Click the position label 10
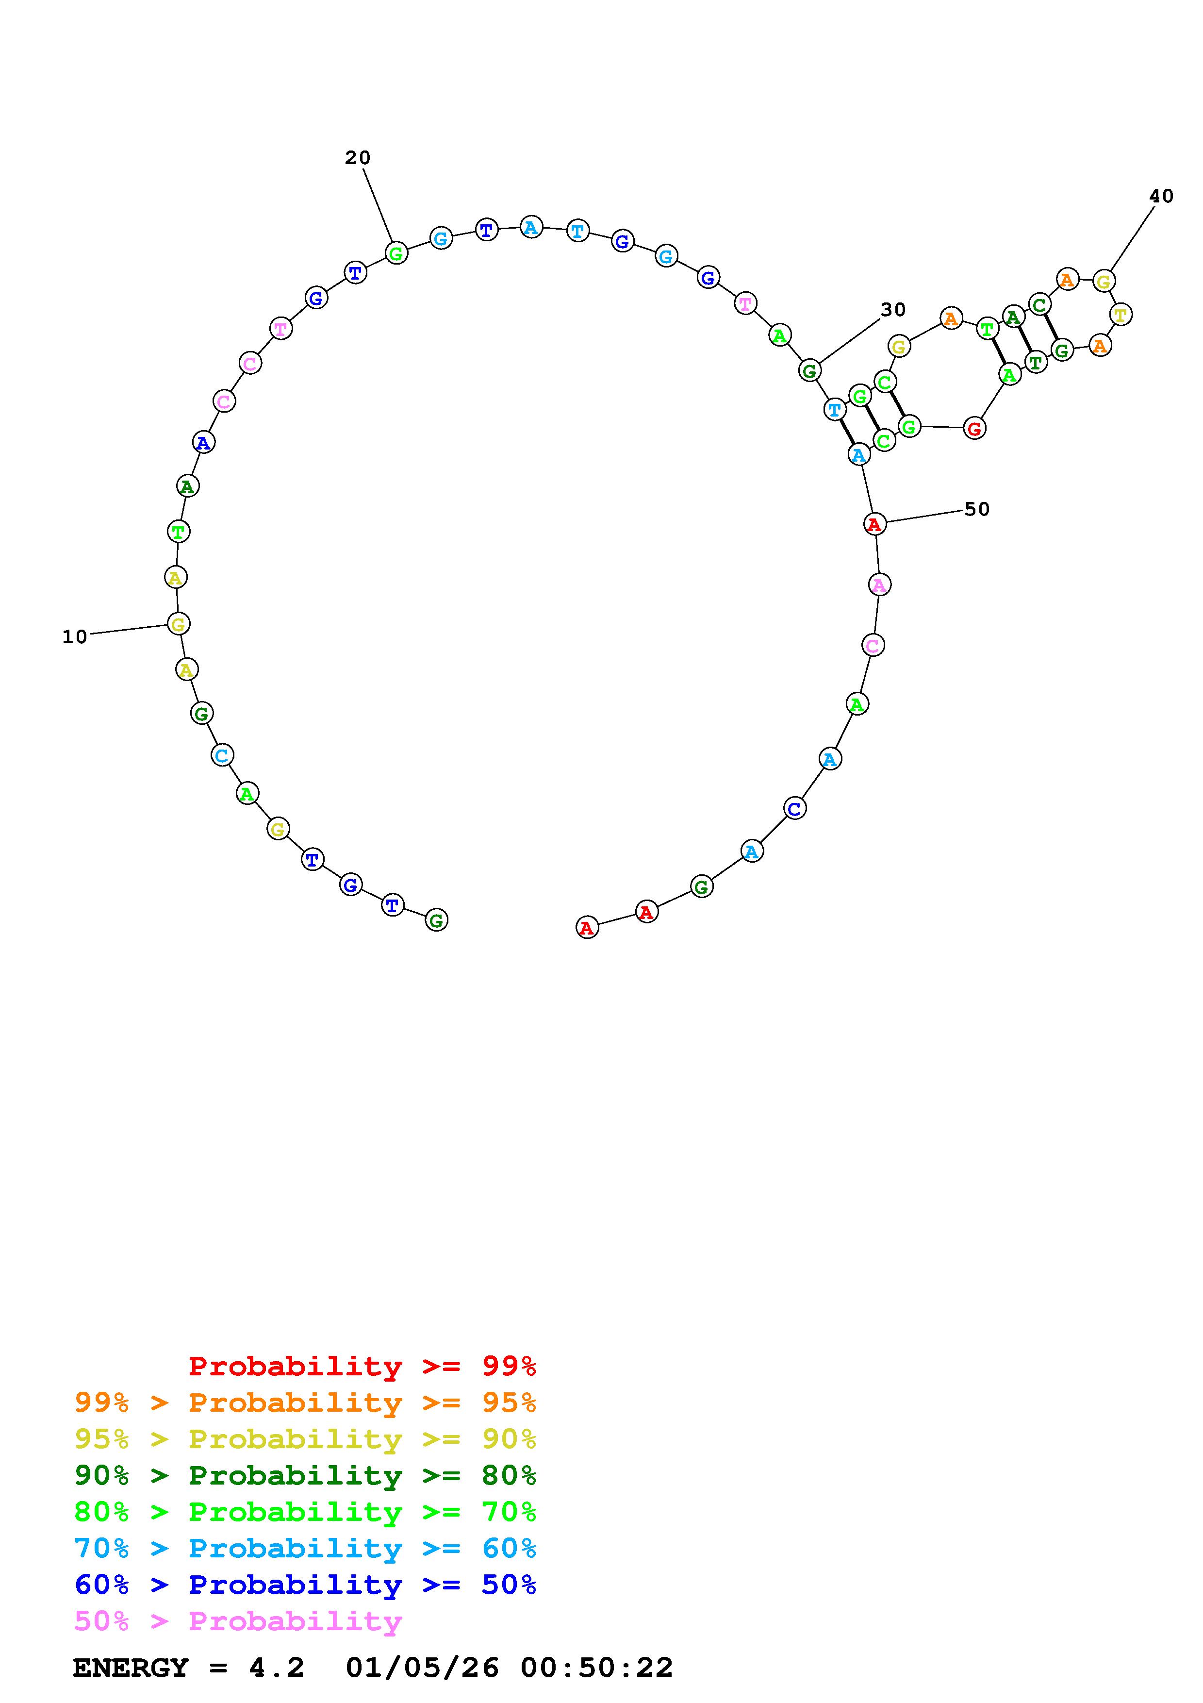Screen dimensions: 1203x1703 pos(75,636)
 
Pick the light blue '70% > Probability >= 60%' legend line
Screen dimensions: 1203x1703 pos(305,1548)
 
